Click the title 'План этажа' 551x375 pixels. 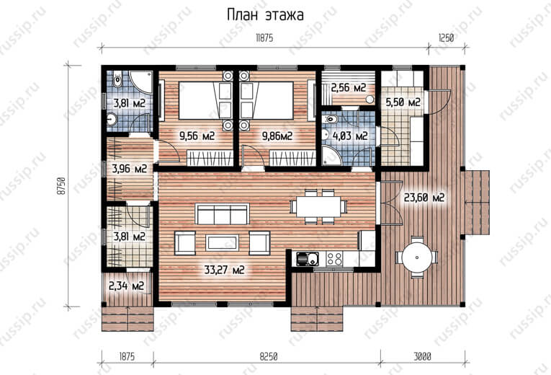265,15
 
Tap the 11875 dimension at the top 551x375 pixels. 264,38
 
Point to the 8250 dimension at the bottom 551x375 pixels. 269,357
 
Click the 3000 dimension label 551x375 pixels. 422,357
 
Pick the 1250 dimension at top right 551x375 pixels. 446,38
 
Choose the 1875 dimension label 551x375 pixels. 127,357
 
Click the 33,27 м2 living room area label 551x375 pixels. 224,270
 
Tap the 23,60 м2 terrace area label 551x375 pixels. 424,198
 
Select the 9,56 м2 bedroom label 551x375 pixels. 197,136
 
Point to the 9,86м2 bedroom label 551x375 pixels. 277,136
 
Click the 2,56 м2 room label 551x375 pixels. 349,87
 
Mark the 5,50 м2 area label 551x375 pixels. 403,102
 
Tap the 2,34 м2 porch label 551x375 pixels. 127,286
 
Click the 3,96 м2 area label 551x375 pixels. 130,169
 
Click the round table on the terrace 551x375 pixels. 416,257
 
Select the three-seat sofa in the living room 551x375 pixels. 223,213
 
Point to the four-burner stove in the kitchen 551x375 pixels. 333,259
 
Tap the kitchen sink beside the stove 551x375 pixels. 308,259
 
